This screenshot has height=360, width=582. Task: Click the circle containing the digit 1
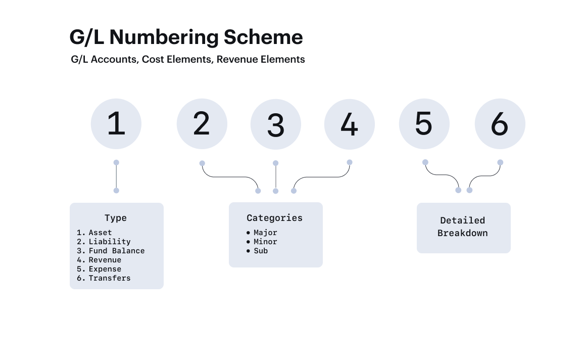(x=116, y=124)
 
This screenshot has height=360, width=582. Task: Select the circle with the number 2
(x=202, y=124)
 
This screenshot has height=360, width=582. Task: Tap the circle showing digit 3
(x=276, y=124)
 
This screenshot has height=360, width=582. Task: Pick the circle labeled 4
(x=350, y=124)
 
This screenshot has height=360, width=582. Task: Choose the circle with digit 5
(x=424, y=124)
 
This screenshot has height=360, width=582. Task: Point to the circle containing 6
(x=500, y=124)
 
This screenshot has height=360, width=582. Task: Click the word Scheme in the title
(x=263, y=37)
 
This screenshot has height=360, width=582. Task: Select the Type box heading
(x=115, y=218)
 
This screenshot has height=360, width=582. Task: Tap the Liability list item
(x=110, y=242)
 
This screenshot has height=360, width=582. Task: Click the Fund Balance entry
(x=117, y=251)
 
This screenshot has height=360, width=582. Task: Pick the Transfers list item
(x=110, y=278)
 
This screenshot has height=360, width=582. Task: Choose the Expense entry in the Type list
(x=105, y=269)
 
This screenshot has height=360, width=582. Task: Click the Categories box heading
(x=275, y=218)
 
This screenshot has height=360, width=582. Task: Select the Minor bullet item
(x=265, y=242)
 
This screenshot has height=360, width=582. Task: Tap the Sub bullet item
(x=261, y=251)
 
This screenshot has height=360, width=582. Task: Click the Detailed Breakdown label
(x=462, y=227)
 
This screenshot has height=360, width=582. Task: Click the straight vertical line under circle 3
(x=276, y=177)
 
